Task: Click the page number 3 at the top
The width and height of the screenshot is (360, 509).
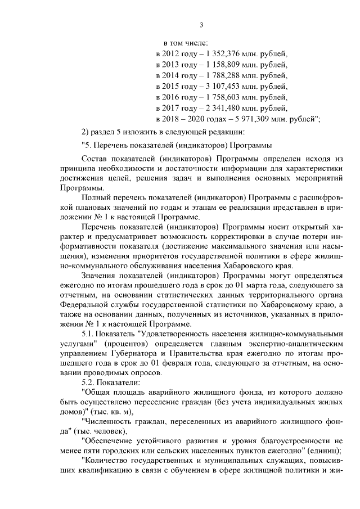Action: tap(201, 24)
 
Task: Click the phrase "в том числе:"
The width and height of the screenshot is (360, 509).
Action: tap(186, 44)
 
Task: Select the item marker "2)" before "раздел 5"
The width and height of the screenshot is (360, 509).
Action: tap(85, 132)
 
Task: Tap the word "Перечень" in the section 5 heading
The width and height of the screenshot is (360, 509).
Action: tap(111, 146)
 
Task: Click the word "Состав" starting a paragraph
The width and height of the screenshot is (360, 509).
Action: tap(93, 159)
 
